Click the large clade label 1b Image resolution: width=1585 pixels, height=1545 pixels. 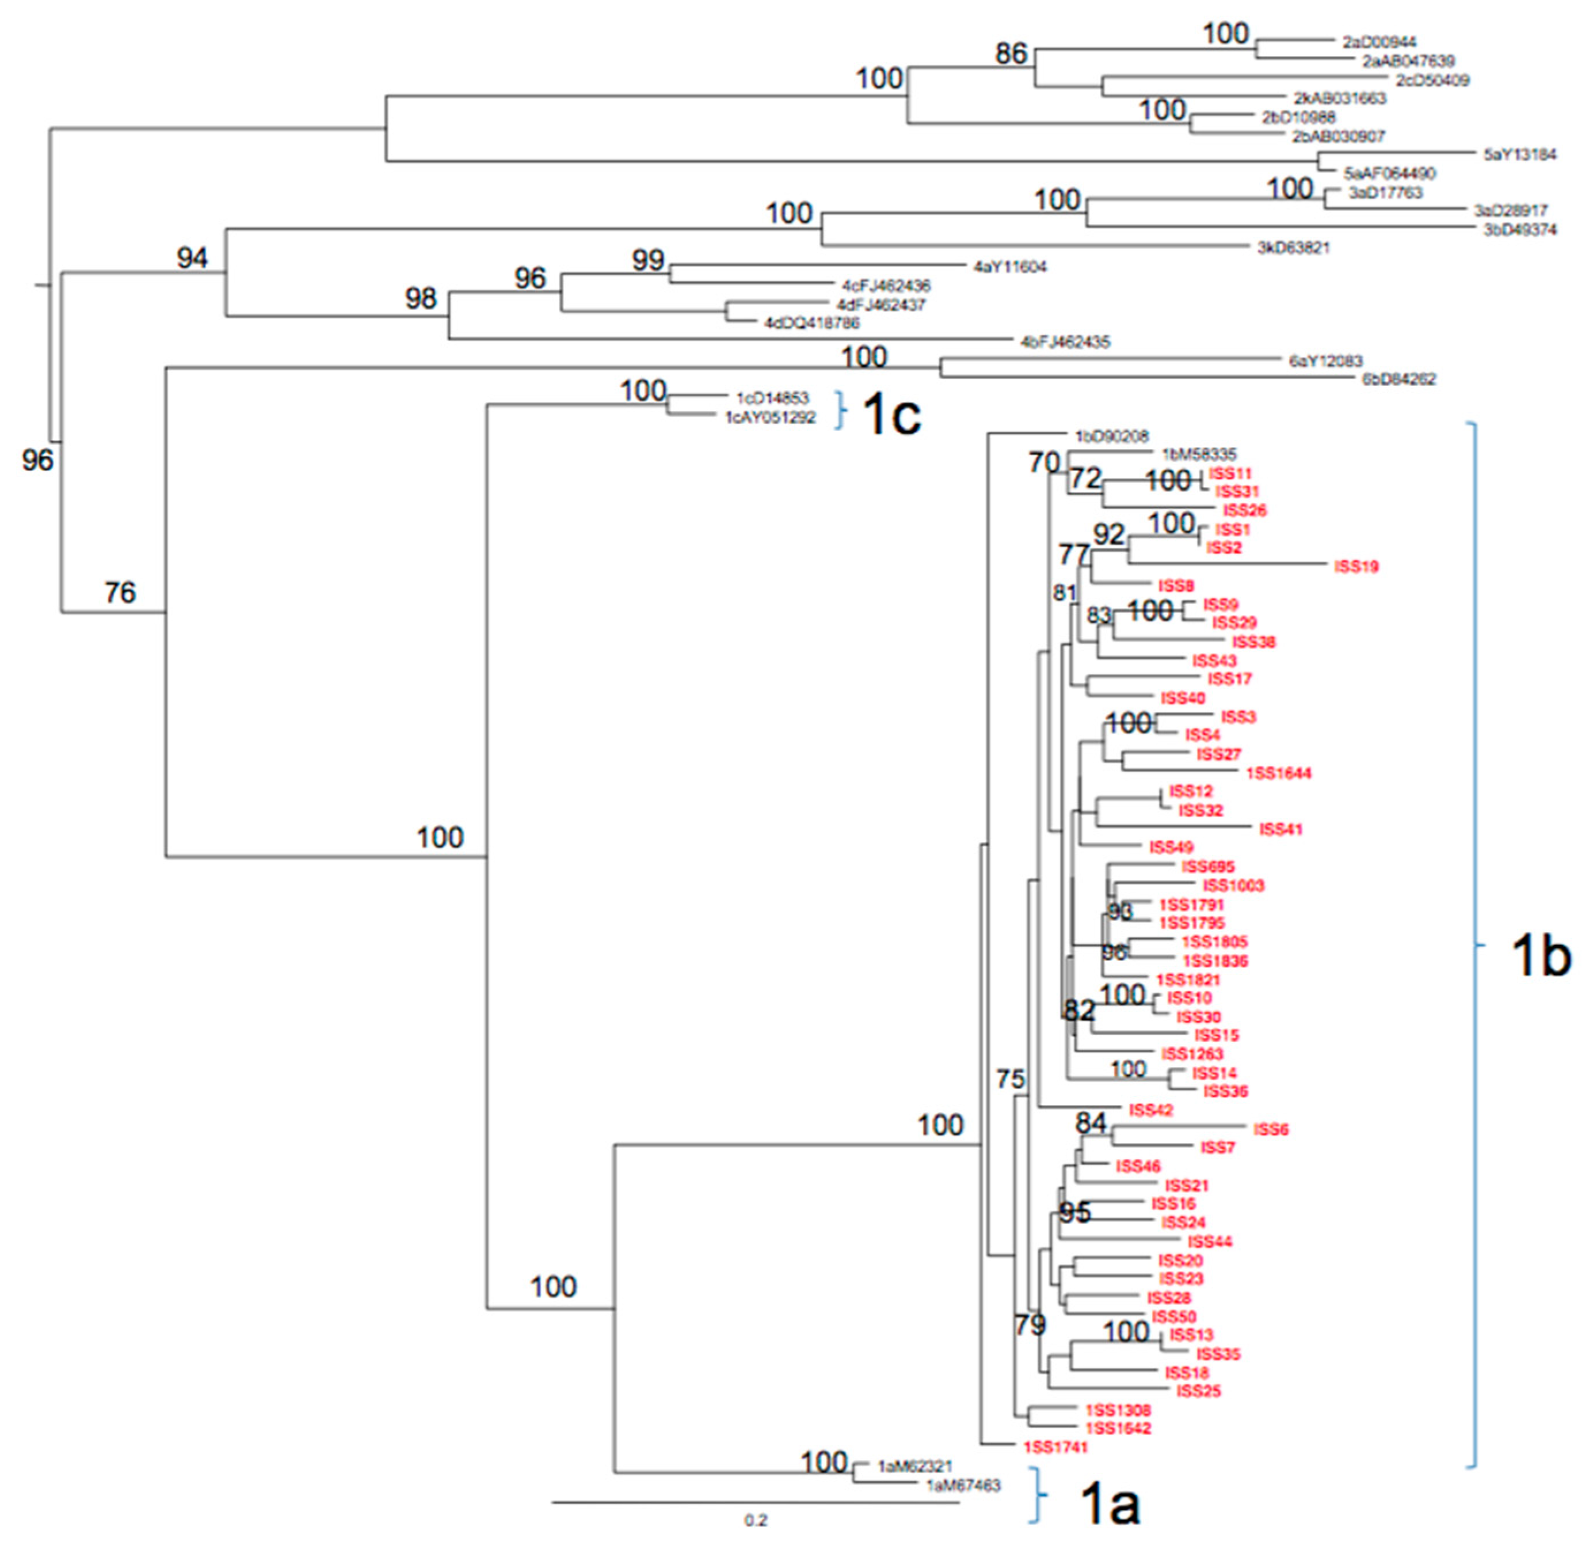click(1539, 956)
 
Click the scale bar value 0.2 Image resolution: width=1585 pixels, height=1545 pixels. click(755, 1520)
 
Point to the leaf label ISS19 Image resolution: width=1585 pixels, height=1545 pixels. click(1357, 567)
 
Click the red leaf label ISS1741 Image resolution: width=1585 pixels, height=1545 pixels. click(1054, 1446)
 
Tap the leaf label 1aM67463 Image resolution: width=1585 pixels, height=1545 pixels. click(963, 1485)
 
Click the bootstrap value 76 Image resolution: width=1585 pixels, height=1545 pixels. click(120, 593)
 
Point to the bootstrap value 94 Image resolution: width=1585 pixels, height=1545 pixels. click(192, 258)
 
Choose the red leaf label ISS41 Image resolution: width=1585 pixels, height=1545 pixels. click(1280, 829)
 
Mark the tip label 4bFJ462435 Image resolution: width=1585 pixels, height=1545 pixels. click(1065, 343)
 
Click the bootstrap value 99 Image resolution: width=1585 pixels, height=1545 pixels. click(648, 260)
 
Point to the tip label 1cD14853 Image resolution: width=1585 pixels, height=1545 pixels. click(772, 398)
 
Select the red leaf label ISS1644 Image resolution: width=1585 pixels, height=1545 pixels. click(1278, 773)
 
